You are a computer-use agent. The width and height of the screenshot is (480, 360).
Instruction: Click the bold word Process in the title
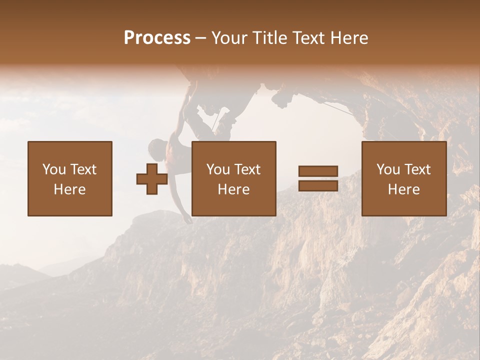click(x=157, y=38)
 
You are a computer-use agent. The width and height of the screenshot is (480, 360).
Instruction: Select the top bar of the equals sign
click(x=318, y=171)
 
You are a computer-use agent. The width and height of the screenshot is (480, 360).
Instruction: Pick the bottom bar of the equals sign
click(x=318, y=185)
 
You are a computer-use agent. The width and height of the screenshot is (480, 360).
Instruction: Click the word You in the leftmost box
click(x=54, y=169)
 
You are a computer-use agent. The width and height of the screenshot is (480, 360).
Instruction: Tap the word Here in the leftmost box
click(x=69, y=189)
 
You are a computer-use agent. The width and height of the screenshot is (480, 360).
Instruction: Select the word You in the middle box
click(x=218, y=169)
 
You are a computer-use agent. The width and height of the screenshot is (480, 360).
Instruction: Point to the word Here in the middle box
click(x=233, y=189)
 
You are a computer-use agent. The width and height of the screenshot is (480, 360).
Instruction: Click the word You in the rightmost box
click(x=388, y=169)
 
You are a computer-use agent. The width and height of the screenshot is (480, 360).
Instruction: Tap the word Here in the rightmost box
click(x=403, y=189)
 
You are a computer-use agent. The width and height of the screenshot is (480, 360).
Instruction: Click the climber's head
click(x=157, y=148)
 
